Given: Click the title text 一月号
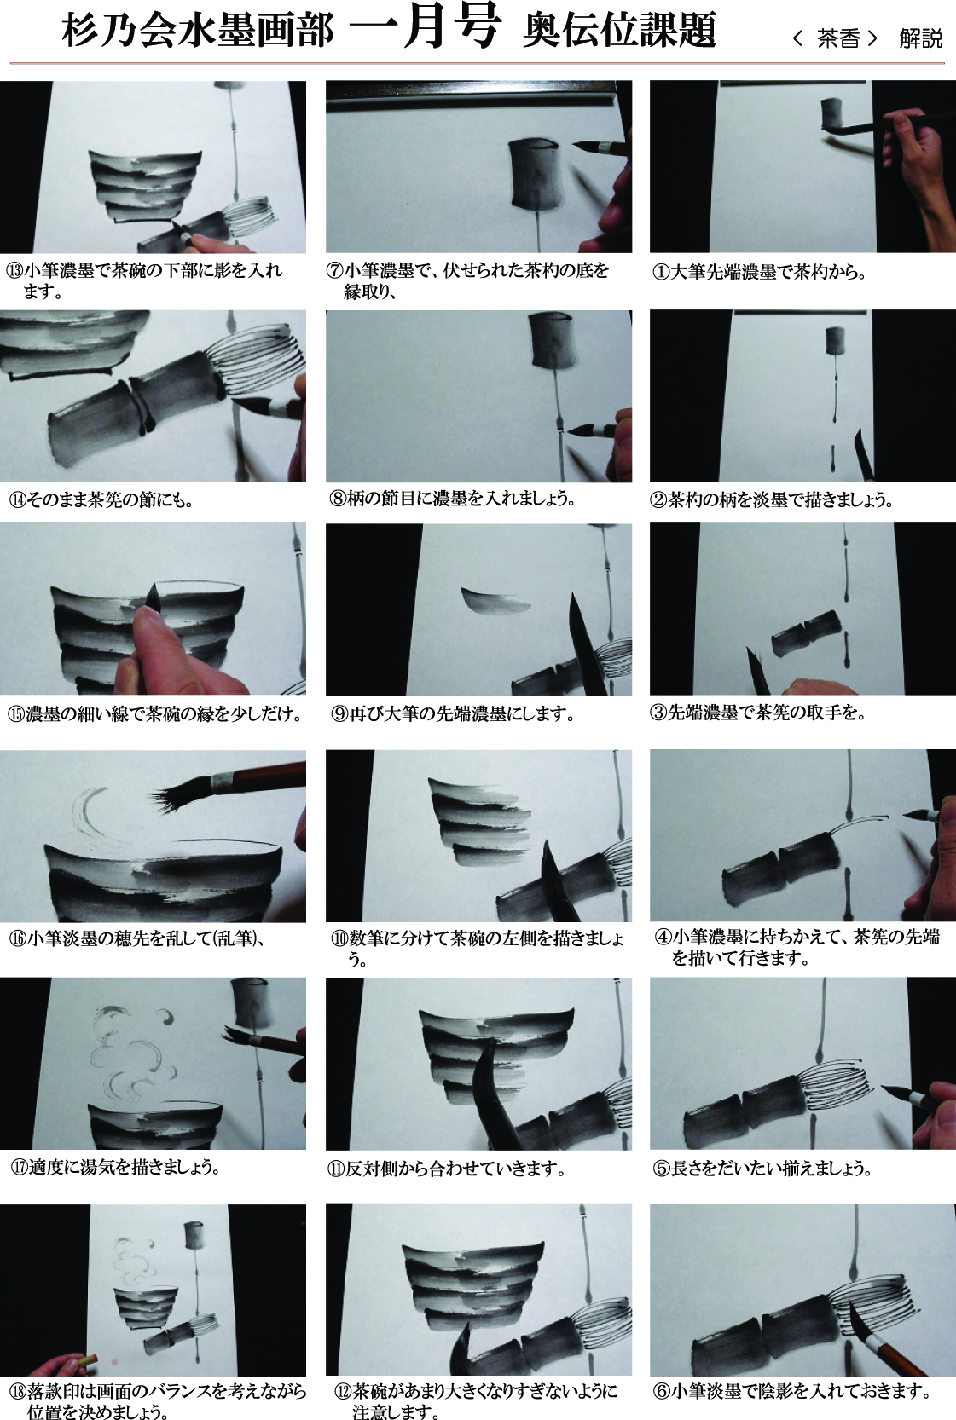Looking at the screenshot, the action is (425, 30).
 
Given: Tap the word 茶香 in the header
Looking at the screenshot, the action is (838, 39).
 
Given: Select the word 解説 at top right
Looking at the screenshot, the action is (920, 39).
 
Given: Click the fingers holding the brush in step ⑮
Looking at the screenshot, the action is (171, 653).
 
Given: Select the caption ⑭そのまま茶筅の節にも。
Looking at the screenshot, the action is (101, 500).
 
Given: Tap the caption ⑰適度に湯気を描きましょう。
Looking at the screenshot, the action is (115, 1167).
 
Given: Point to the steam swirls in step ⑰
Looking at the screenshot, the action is (133, 1053).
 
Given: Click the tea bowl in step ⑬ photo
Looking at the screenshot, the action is (145, 187).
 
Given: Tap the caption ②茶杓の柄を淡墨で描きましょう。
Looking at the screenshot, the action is (772, 500).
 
